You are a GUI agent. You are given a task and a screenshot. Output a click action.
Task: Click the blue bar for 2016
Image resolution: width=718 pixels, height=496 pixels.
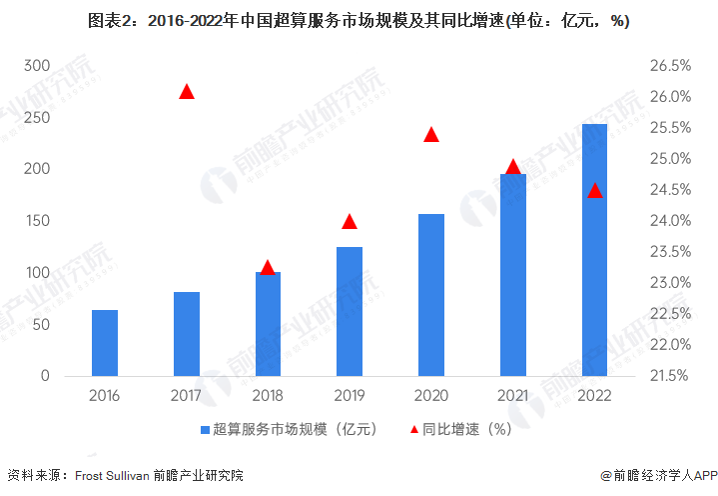click(105, 343)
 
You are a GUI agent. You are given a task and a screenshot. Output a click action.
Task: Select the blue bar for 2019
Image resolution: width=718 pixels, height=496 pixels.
click(350, 311)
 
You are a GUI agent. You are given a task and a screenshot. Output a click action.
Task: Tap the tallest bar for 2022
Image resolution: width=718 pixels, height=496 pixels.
click(595, 250)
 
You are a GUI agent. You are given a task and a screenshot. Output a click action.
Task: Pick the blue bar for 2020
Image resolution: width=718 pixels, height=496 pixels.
click(431, 295)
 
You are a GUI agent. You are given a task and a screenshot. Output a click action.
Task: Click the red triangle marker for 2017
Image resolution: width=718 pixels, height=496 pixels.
click(187, 92)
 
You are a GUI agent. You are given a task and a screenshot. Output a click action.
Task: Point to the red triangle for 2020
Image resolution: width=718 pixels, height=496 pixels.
click(431, 135)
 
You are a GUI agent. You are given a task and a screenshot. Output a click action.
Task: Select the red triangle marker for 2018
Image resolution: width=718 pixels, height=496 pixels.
click(268, 268)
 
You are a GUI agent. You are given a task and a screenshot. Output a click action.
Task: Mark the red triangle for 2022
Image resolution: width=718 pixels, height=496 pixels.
click(595, 191)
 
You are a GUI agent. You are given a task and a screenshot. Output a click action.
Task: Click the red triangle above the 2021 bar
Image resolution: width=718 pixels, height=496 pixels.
click(513, 167)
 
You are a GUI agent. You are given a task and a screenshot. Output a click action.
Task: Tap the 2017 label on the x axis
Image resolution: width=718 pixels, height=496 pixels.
click(187, 396)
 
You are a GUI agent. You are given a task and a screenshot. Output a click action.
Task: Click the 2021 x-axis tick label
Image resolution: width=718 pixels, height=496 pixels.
click(513, 396)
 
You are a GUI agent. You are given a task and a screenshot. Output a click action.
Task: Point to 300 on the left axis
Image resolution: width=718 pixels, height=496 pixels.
click(37, 66)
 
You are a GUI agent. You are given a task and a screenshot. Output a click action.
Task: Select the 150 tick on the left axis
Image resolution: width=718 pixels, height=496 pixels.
click(37, 221)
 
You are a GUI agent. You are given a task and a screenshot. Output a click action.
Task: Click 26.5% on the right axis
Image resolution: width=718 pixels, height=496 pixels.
click(670, 66)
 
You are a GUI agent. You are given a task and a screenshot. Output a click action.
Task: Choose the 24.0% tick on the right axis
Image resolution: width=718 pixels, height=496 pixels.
click(670, 221)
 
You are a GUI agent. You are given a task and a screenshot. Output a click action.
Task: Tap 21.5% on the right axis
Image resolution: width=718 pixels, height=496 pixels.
click(670, 376)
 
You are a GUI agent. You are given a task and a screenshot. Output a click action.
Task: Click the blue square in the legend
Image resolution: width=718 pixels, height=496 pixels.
click(206, 430)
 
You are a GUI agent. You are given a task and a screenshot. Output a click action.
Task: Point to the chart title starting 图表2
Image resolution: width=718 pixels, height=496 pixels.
click(359, 20)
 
